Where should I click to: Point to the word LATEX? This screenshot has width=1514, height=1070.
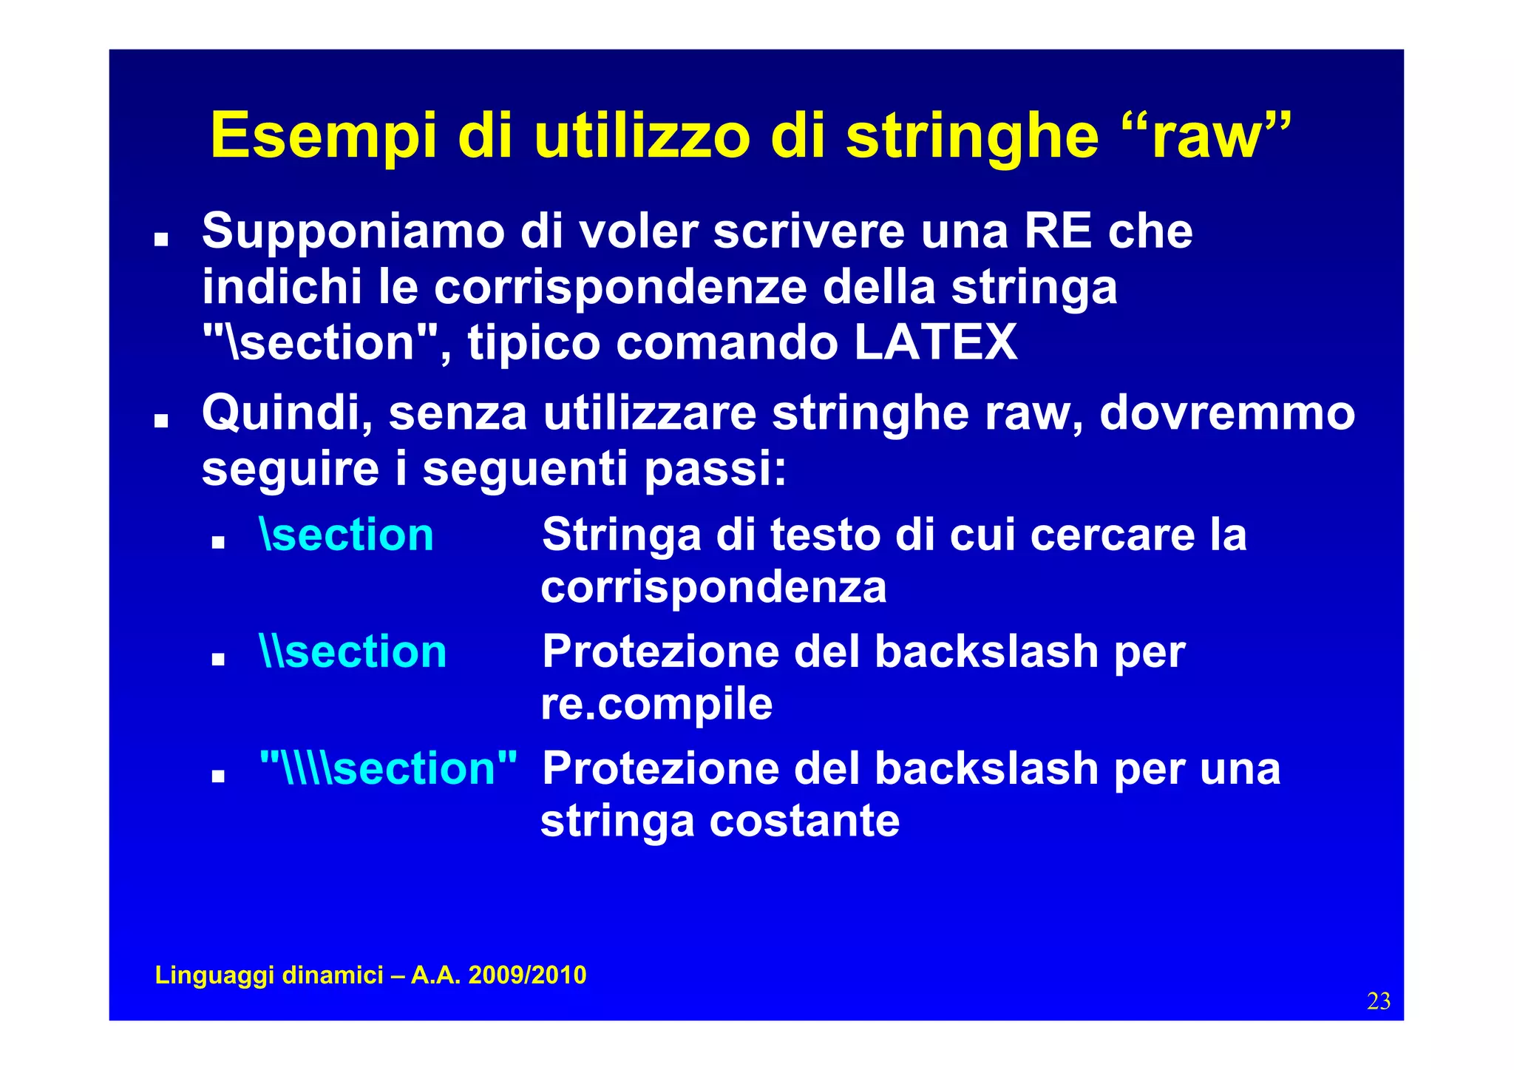point(935,342)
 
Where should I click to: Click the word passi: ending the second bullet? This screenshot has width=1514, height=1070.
point(716,469)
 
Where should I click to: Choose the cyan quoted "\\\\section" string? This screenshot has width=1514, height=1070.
point(388,768)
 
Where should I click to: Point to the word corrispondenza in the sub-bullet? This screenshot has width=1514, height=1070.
point(713,587)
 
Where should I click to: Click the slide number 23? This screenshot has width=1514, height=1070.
point(1379,1001)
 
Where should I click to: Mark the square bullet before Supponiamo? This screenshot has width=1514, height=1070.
point(160,240)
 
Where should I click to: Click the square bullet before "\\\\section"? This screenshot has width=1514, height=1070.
point(217,776)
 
